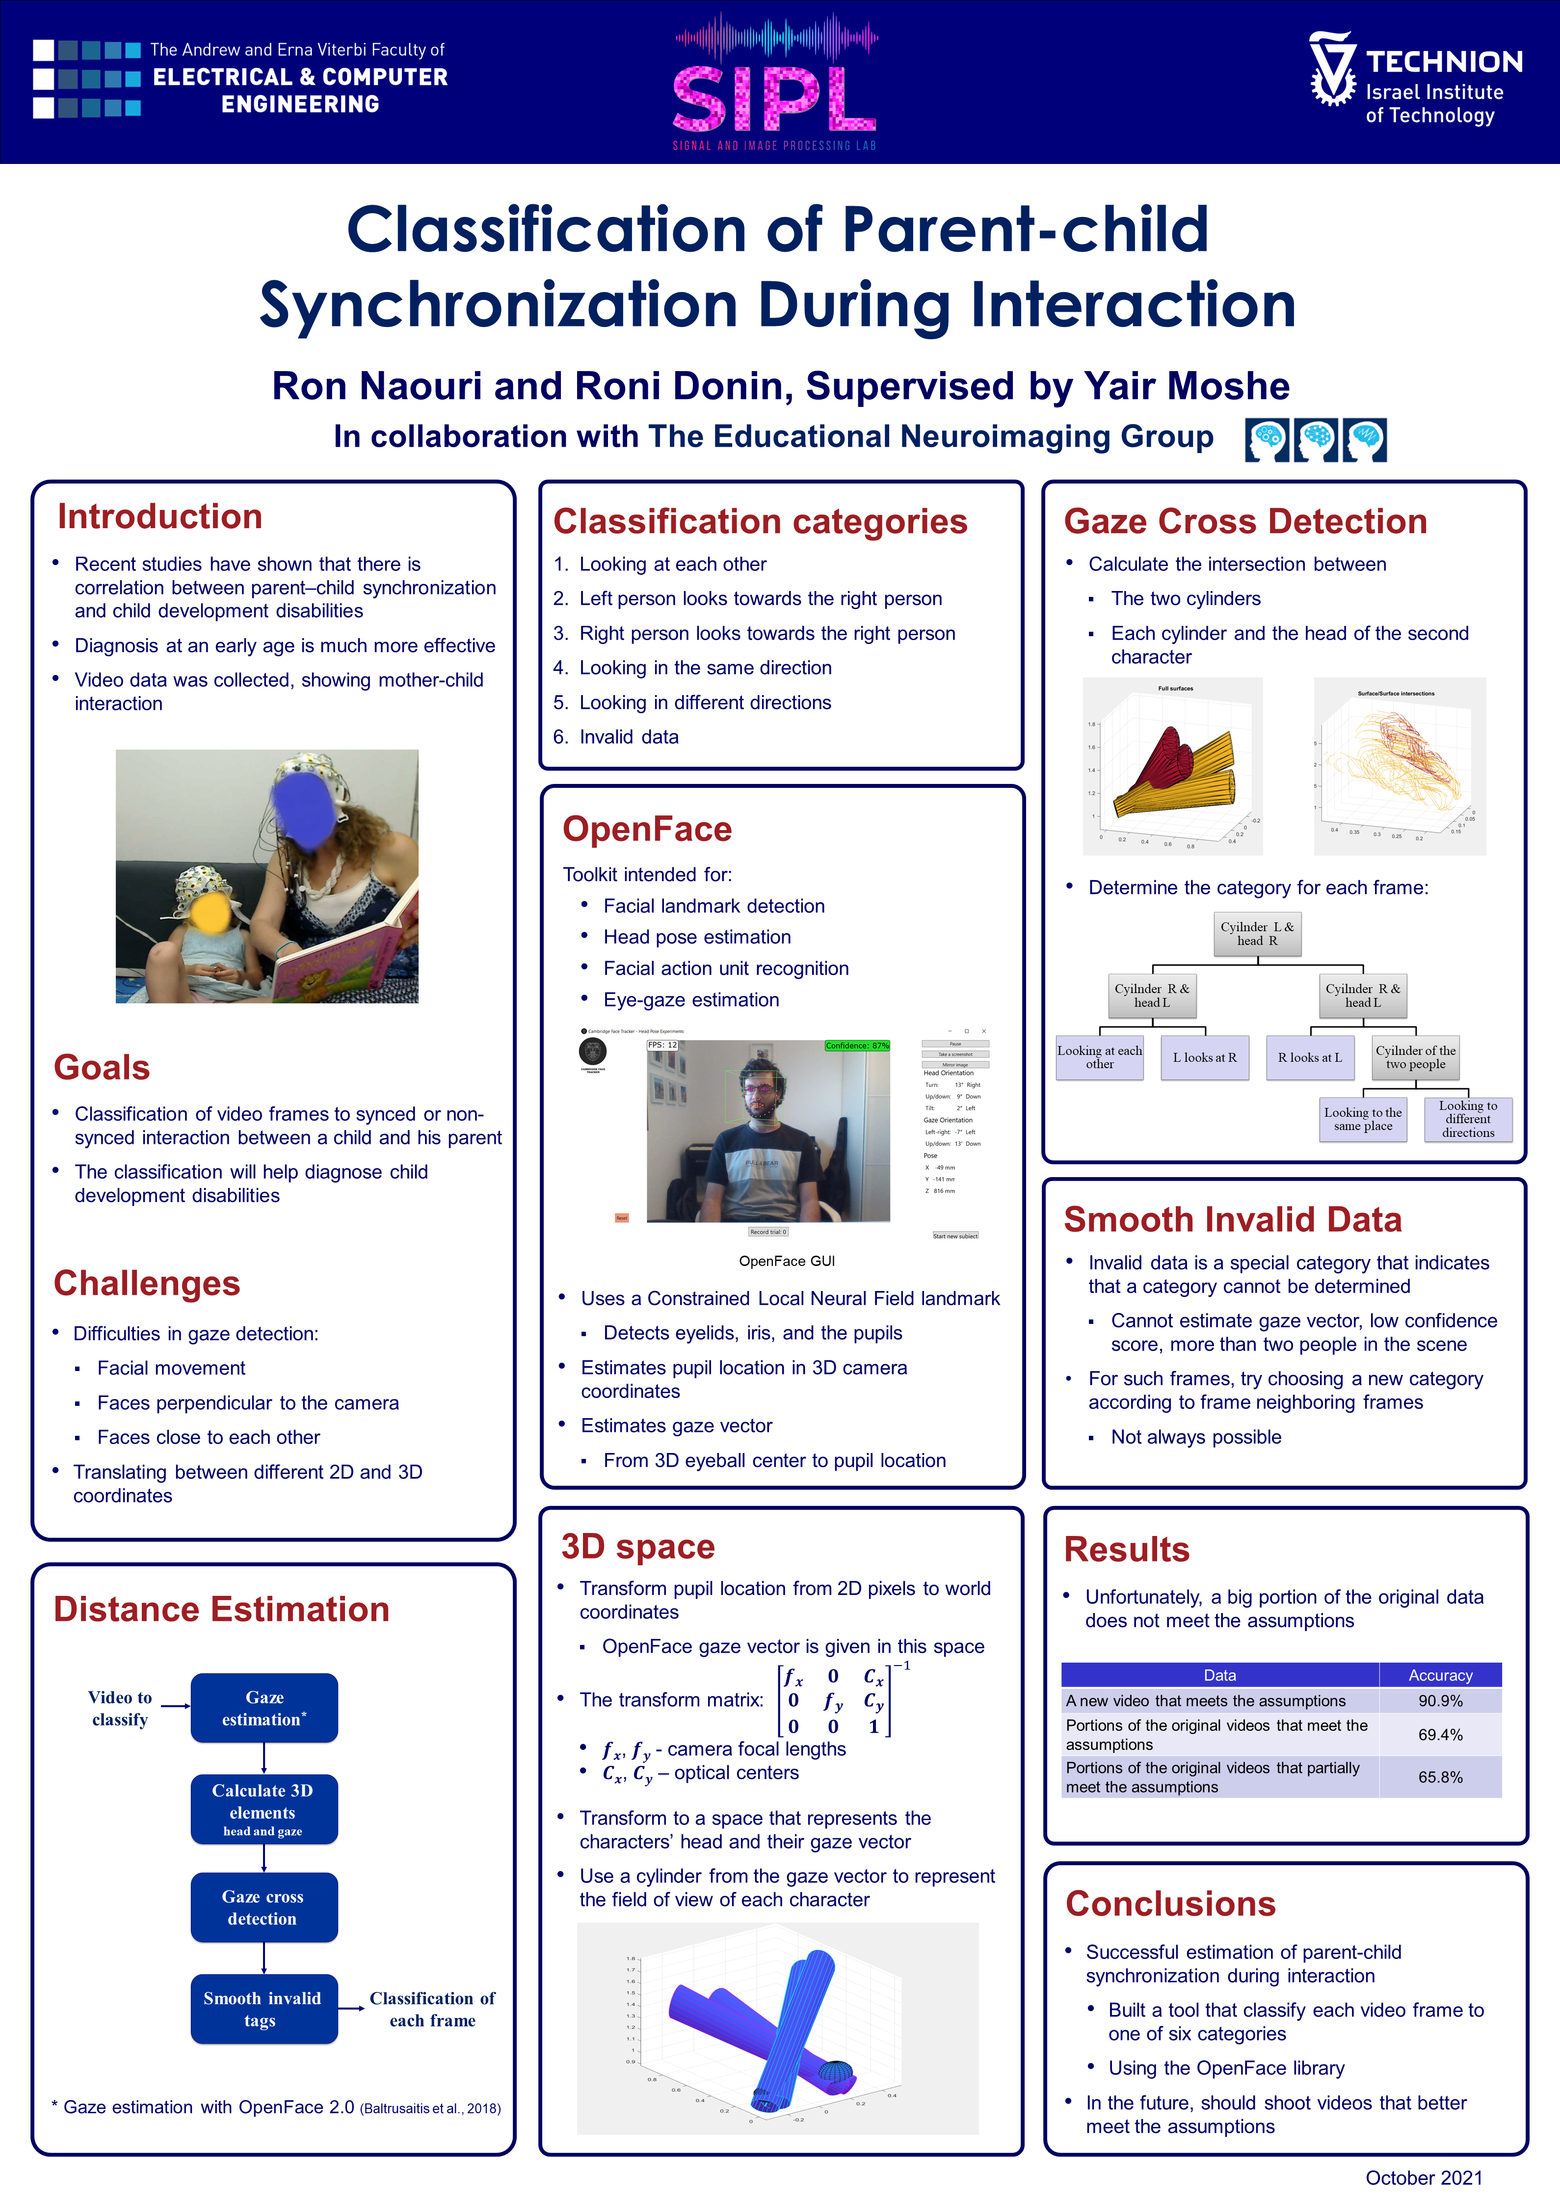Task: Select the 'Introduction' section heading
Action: pos(159,517)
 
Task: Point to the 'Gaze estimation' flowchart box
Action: pos(264,1707)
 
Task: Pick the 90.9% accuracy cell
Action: pos(1440,1700)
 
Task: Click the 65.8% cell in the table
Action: pos(1440,1776)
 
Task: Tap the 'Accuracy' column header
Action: pos(1440,1675)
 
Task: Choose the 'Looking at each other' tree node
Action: pos(1100,1057)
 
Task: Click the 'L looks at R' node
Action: pos(1205,1057)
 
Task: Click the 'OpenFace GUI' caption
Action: pos(787,1261)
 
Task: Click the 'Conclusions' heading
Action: pos(1170,1903)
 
